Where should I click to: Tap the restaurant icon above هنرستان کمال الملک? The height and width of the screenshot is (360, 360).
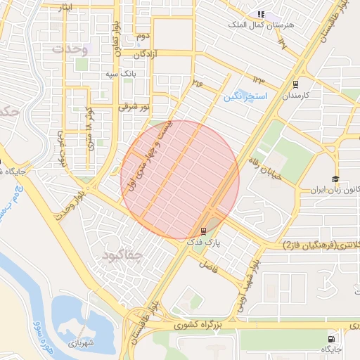[261, 13]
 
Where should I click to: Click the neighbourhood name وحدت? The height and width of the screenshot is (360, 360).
[69, 50]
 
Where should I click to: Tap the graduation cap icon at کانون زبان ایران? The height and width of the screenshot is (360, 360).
[335, 179]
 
